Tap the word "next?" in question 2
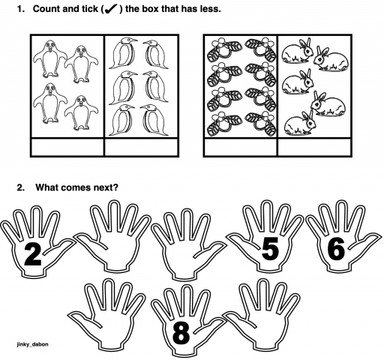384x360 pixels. click(100, 187)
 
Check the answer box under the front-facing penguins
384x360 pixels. click(67, 147)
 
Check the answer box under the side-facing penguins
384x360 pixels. click(140, 147)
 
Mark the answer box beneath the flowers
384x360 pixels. click(240, 147)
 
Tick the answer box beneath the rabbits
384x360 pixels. click(313, 147)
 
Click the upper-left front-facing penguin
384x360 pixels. click(49, 59)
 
